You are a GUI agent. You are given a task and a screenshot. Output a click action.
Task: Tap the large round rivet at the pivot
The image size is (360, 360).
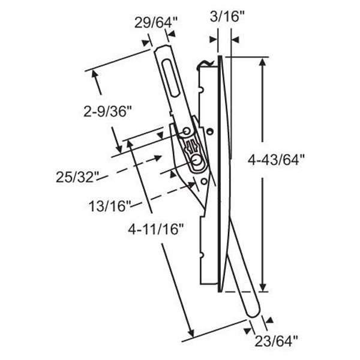[197, 161]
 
